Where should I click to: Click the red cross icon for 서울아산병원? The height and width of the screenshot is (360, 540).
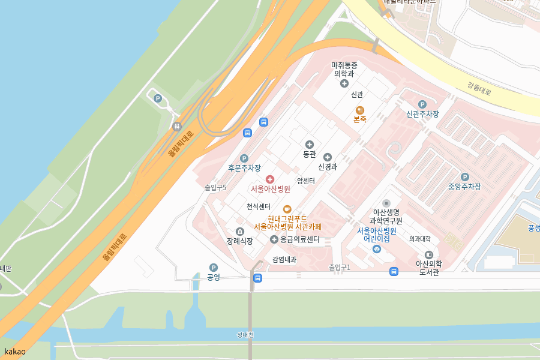269,179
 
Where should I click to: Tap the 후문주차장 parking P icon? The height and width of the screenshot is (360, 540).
244,158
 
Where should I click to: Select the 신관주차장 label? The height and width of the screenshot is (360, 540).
422,114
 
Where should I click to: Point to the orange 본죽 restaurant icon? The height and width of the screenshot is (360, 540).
360,110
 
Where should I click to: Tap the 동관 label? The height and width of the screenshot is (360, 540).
309,154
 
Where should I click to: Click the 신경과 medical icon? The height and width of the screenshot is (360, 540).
328,157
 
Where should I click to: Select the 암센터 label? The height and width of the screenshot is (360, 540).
305,181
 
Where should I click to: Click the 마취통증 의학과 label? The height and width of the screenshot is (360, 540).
344,69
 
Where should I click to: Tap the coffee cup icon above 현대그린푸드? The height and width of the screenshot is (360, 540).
287,209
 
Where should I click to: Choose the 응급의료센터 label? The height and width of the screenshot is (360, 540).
300,239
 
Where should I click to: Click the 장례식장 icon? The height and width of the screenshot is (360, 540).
240,232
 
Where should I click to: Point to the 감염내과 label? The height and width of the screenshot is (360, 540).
284,260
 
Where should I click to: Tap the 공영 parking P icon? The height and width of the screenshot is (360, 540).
213,268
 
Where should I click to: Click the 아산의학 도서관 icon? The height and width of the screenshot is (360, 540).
429,254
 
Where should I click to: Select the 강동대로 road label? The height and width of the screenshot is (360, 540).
479,89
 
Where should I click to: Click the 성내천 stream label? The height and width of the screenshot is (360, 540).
246,335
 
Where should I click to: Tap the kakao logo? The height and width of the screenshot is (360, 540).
15,352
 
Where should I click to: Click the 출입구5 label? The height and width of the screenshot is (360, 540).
215,187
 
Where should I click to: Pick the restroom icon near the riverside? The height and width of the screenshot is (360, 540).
177,126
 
